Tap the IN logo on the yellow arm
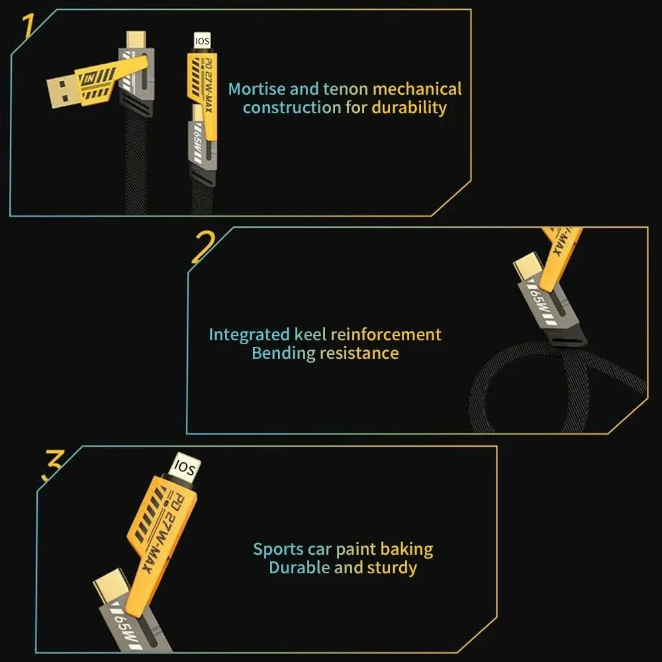click(x=90, y=79)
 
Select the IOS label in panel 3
click(x=183, y=469)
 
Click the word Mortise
click(x=256, y=89)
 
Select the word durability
click(x=409, y=107)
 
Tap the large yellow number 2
click(x=203, y=248)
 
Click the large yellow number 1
click(x=27, y=28)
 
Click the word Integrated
click(x=249, y=335)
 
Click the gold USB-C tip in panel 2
click(x=526, y=268)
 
